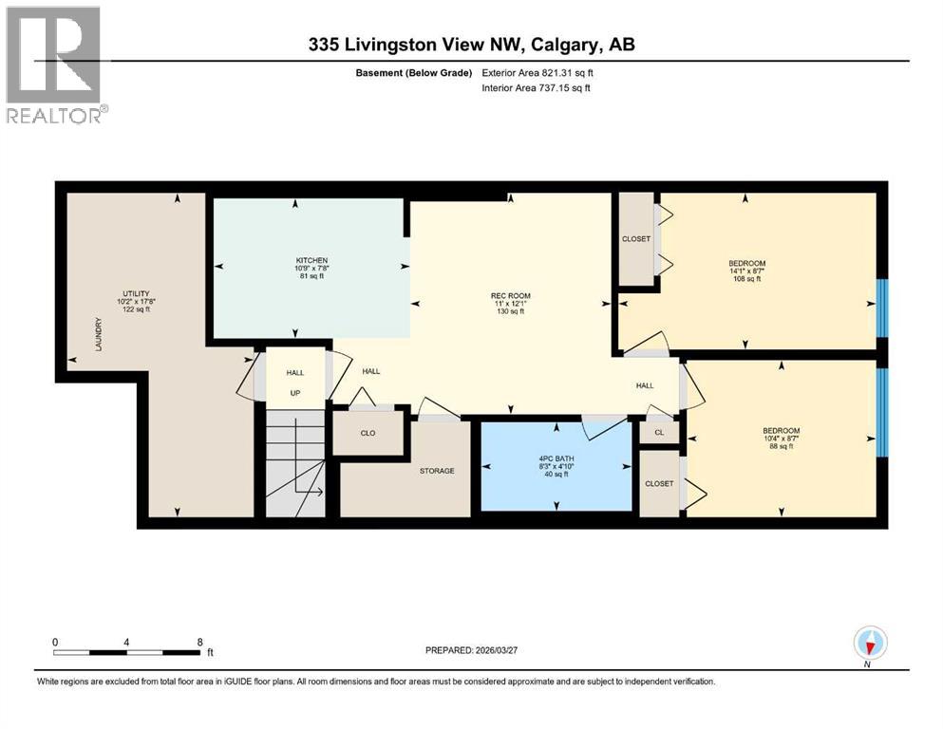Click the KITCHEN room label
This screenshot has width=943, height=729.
311,260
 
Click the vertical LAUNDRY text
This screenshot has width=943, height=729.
99,336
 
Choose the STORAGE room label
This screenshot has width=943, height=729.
438,471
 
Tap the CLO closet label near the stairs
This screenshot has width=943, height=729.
368,433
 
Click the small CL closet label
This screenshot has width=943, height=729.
658,432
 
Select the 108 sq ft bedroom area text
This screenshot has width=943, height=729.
746,279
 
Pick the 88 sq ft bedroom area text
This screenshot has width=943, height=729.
781,447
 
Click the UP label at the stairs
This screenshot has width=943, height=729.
294,392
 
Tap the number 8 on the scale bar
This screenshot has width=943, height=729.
199,642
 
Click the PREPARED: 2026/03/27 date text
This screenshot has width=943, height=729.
480,650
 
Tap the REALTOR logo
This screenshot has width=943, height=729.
54,64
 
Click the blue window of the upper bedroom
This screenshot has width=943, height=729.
881,308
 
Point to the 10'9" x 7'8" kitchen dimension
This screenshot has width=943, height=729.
311,269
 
